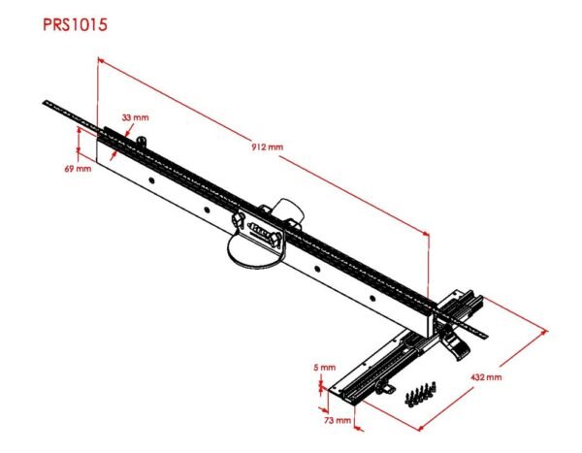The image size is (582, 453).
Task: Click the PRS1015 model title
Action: pos(74,24)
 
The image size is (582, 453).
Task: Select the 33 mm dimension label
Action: pos(135,117)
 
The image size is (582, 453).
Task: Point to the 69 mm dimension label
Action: pos(77,169)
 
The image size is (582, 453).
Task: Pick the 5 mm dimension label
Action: pos(324,368)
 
